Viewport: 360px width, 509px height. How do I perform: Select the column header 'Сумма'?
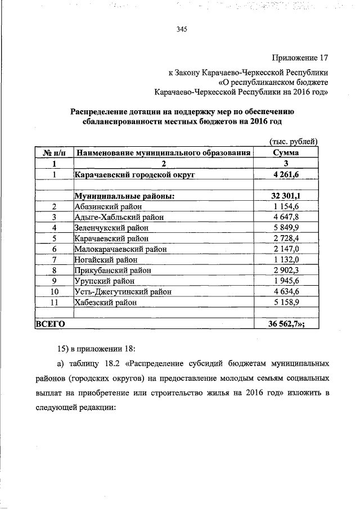tap(286, 152)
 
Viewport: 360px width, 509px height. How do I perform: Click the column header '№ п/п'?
tap(54, 152)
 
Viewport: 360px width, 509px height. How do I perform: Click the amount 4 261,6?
tap(286, 174)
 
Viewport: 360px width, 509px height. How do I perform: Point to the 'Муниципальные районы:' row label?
tap(124, 196)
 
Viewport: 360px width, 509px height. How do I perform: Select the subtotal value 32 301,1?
tap(286, 196)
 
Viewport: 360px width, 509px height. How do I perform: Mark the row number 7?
tap(55, 260)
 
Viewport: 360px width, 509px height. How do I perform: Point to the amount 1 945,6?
tap(286, 281)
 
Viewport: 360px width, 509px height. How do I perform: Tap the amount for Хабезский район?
tap(286, 303)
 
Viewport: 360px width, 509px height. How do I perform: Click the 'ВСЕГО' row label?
tap(51, 324)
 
